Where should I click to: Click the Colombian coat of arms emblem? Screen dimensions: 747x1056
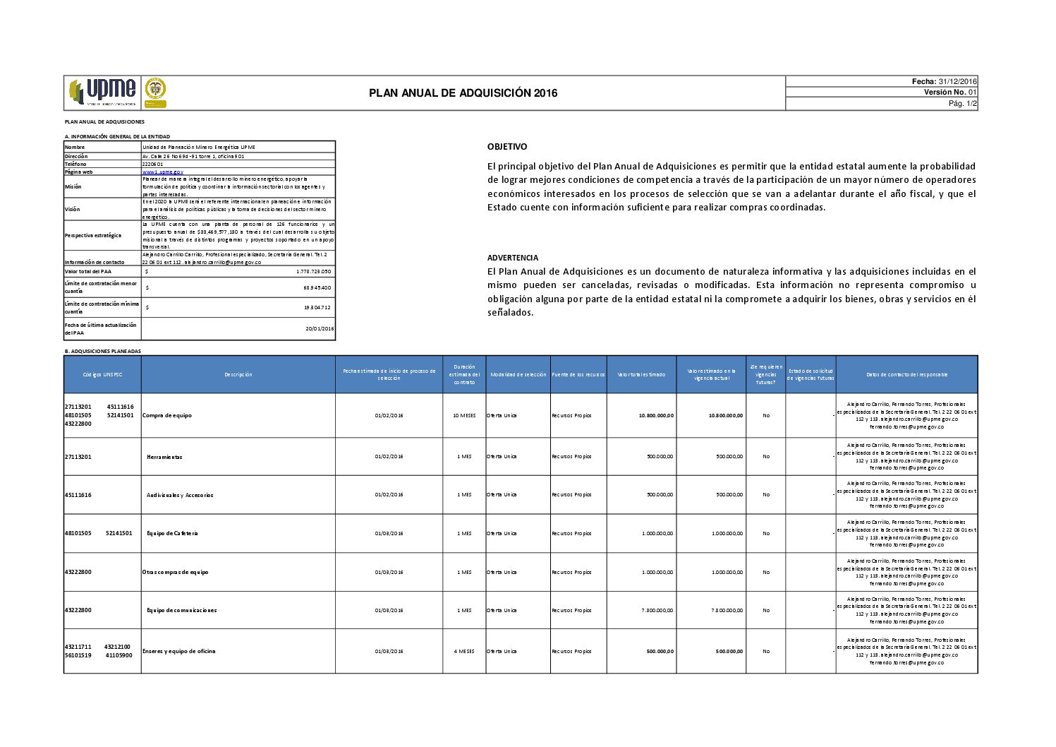tap(155, 89)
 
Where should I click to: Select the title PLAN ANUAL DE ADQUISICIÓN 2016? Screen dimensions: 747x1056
tap(463, 93)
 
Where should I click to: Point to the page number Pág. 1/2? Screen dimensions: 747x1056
tap(962, 104)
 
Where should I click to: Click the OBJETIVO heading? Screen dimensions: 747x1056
tap(507, 147)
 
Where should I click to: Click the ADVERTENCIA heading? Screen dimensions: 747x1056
tap(513, 258)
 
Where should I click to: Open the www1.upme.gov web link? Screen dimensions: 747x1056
tap(162, 172)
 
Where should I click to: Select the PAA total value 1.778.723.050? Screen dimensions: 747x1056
tap(313, 271)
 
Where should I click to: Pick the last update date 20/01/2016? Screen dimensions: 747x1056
tap(320, 329)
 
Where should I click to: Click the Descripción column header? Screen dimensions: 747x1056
tap(238, 375)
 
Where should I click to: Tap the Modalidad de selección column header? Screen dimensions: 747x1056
tap(518, 375)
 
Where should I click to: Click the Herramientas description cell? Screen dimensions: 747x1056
tap(164, 457)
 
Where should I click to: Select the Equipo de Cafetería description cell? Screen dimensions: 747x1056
tap(172, 533)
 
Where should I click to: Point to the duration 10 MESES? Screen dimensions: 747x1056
tap(464, 416)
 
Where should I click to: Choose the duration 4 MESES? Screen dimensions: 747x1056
tap(464, 652)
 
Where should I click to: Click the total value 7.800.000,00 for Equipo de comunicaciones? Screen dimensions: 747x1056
tap(657, 611)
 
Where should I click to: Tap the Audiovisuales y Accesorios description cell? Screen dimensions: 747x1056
tap(180, 495)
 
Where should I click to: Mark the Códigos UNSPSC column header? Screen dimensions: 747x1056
tap(102, 375)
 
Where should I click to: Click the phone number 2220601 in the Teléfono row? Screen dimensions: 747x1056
tap(153, 164)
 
